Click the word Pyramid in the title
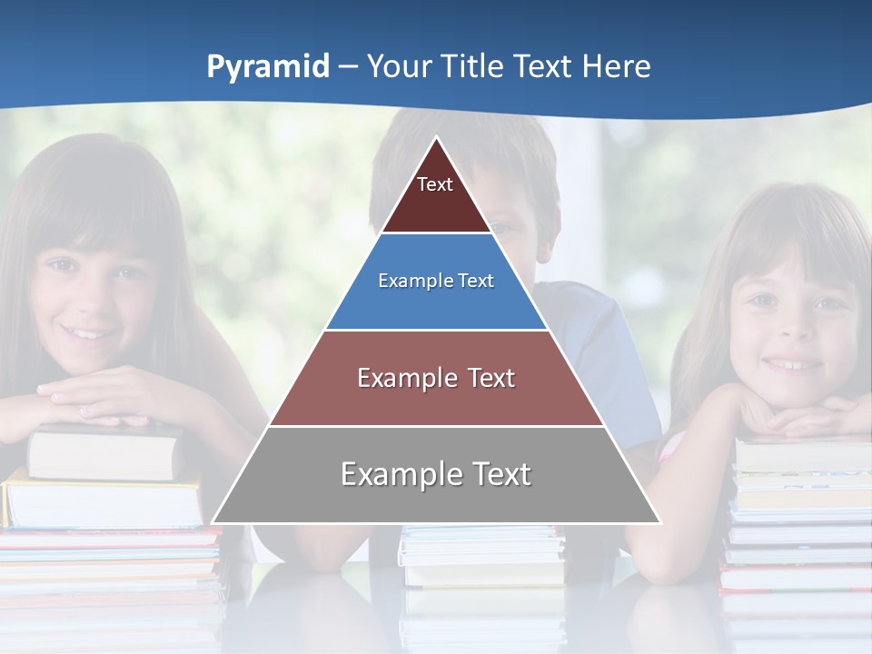coord(267,67)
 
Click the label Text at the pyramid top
coord(435,184)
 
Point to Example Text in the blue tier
coord(436,281)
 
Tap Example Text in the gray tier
coord(436,474)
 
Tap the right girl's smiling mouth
coord(792,364)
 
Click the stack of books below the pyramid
coord(481,554)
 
